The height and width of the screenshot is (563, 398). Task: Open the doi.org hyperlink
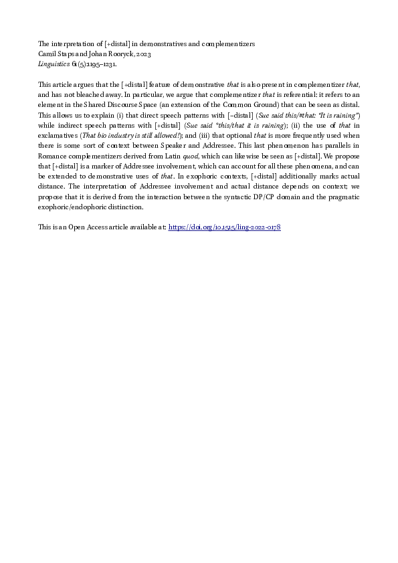point(224,227)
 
